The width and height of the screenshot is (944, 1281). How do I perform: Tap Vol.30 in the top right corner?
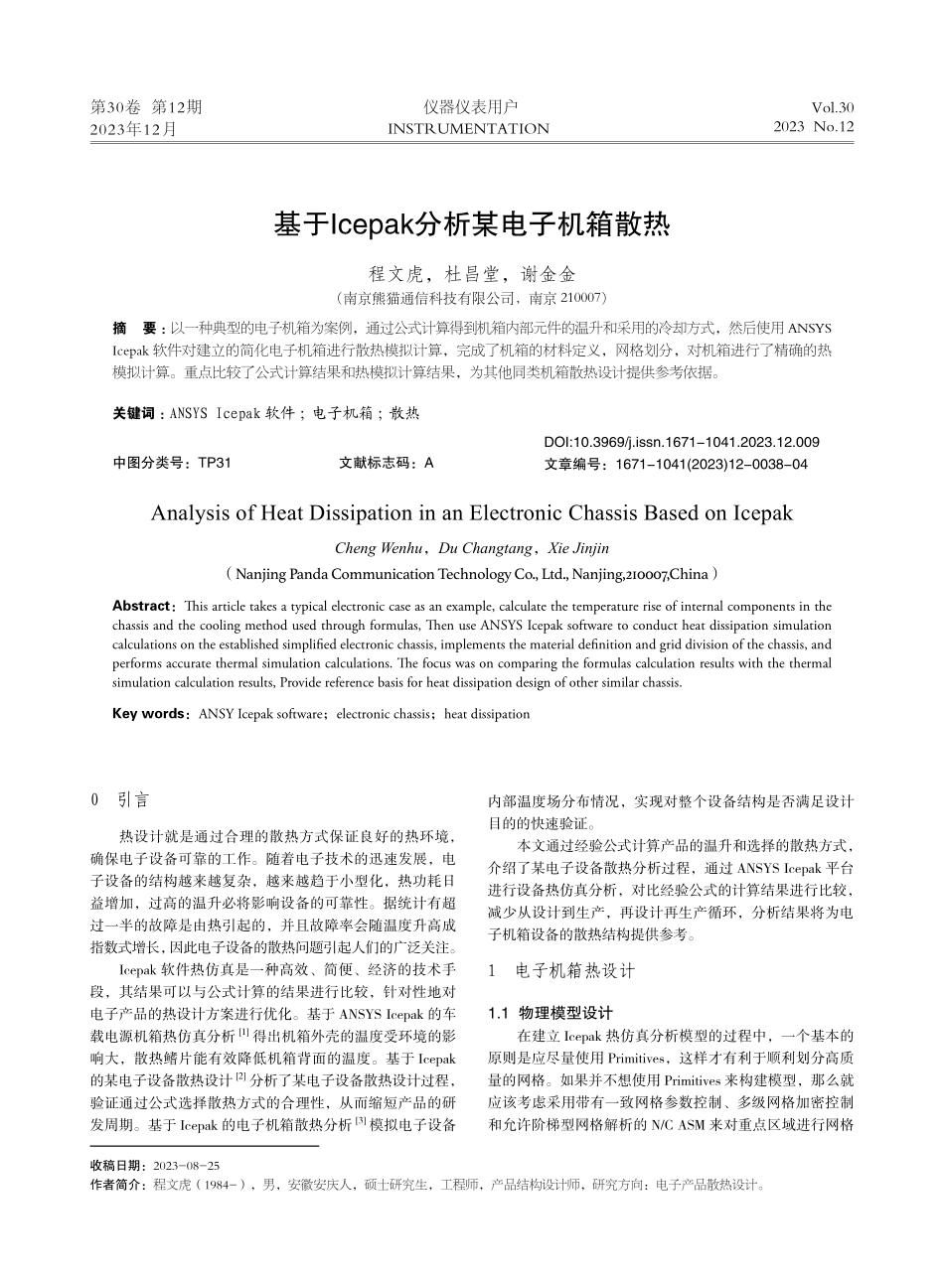point(832,107)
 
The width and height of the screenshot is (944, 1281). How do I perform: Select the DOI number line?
point(682,442)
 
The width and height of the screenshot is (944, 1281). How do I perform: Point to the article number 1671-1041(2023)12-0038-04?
point(711,464)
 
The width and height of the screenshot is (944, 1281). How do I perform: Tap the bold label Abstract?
point(142,606)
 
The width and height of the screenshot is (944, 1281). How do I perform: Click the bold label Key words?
point(149,713)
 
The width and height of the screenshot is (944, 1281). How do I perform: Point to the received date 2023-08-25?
point(186,1165)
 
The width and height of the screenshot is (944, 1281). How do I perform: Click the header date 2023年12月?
point(133,129)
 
